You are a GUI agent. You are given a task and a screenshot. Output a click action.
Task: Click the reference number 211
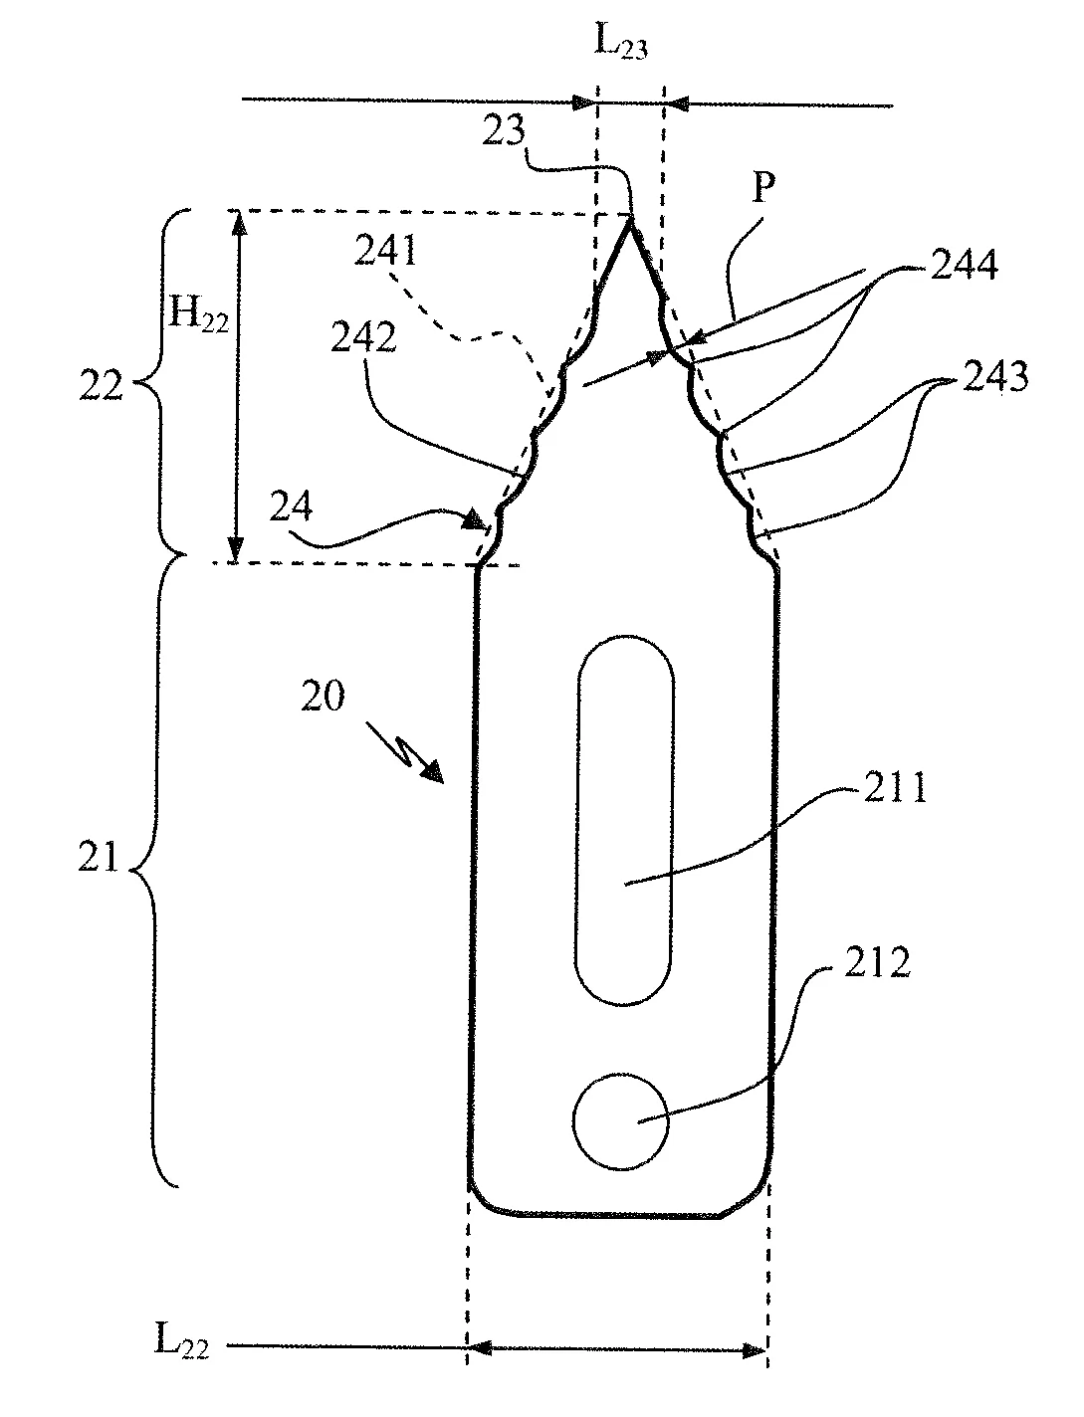point(895,787)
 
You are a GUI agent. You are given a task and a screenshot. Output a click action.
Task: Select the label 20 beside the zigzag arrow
point(323,696)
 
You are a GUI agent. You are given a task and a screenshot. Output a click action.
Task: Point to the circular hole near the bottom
point(621,1121)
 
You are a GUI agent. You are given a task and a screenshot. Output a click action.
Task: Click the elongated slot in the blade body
point(624,820)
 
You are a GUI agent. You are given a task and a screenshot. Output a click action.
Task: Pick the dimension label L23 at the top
point(620,43)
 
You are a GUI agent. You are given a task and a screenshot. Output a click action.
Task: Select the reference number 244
point(964,264)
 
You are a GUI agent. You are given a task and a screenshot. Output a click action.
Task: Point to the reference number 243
point(995,376)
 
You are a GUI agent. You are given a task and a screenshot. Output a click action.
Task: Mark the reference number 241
point(385,251)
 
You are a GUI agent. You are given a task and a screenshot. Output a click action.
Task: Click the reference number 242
point(363,336)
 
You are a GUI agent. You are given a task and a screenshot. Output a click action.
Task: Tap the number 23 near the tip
point(504,130)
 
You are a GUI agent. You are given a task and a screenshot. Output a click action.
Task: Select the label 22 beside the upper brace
point(101,386)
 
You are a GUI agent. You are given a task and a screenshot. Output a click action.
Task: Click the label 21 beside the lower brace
point(99,858)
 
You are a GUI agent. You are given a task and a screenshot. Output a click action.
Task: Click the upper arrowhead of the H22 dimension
point(238,222)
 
